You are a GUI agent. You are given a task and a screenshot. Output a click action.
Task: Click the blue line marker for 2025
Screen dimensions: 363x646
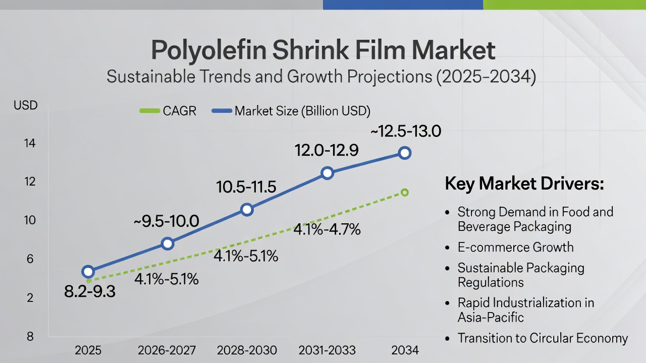(88, 272)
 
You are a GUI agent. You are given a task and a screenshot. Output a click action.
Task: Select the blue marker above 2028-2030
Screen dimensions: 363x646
(247, 210)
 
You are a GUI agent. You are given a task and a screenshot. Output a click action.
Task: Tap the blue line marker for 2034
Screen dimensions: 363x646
(404, 153)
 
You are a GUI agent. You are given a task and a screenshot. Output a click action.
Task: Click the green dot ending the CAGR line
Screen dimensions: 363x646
(404, 192)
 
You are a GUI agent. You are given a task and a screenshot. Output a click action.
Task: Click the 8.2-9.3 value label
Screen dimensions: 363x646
(90, 291)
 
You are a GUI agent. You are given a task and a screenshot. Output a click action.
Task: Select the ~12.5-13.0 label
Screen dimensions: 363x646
(406, 132)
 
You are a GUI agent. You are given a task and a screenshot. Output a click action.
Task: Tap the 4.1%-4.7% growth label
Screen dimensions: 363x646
(327, 230)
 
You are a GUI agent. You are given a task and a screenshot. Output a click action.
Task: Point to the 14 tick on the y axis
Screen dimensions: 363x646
(29, 143)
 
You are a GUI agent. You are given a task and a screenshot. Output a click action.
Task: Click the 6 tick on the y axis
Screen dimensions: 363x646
(29, 259)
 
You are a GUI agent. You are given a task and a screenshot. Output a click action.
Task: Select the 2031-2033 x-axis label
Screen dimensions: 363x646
(327, 350)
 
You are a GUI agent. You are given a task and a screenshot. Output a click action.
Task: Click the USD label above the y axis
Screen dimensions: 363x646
(26, 106)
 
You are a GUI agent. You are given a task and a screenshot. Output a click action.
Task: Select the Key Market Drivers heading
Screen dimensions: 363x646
(524, 184)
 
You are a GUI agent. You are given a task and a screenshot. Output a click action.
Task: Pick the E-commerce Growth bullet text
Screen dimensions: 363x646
(515, 247)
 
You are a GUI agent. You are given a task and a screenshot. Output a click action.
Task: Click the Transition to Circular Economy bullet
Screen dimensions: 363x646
(543, 338)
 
